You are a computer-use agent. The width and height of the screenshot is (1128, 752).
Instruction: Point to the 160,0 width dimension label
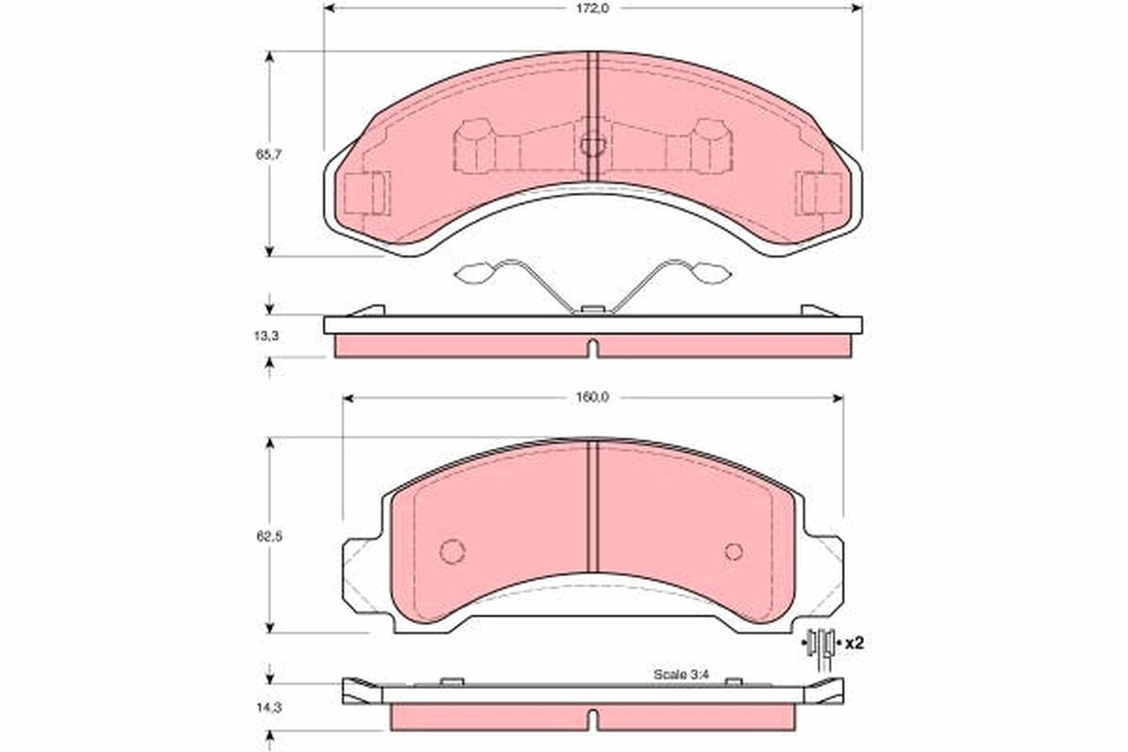(592, 398)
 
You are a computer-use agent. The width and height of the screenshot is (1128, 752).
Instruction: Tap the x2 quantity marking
(854, 644)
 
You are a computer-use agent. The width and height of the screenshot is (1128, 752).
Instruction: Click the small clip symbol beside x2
(822, 645)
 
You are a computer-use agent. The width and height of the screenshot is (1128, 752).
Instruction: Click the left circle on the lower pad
(452, 551)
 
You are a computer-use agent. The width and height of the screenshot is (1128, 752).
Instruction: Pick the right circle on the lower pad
(734, 551)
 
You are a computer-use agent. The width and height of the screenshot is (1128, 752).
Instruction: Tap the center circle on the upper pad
(592, 145)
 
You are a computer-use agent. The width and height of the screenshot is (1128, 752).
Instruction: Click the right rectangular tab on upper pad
(820, 195)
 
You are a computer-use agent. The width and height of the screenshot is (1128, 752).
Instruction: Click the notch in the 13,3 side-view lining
(592, 348)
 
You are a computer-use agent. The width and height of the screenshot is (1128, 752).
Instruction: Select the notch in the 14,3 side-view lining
(592, 719)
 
